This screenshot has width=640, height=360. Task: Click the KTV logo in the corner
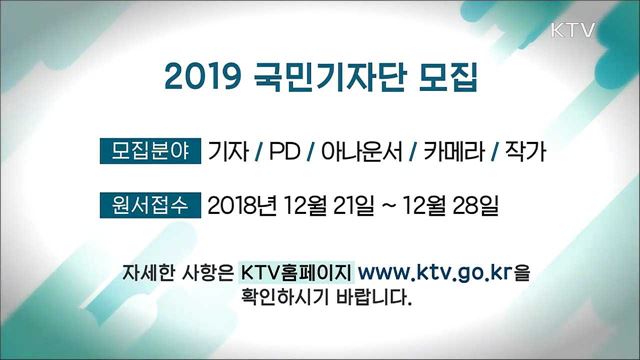573,31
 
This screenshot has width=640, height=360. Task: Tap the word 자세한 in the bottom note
149,272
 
